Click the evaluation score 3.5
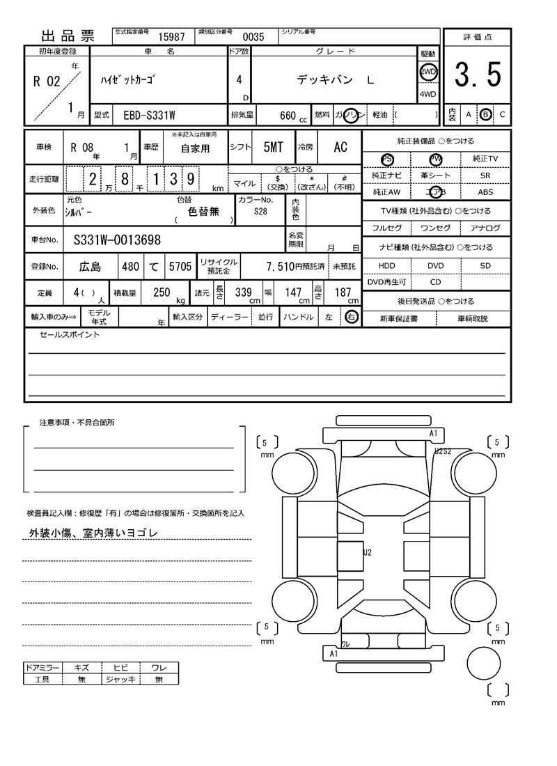[478, 75]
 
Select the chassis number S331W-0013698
[117, 240]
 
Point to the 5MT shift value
[273, 147]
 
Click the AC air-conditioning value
[340, 147]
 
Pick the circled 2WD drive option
[427, 72]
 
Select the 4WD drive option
[427, 95]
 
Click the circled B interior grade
[485, 114]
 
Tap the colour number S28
[260, 212]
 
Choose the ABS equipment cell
[485, 192]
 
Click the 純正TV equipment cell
[485, 159]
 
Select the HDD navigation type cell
[386, 266]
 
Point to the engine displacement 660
[288, 115]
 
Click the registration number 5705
[180, 266]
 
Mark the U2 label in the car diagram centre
[368, 552]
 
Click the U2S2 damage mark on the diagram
[443, 451]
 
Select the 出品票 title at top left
[68, 37]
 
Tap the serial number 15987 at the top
[172, 38]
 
